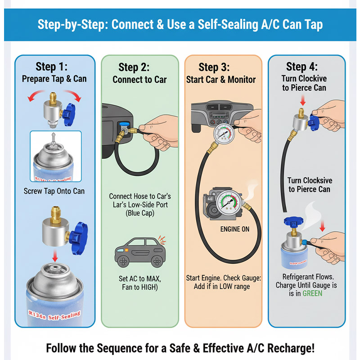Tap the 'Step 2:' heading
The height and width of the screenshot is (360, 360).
[134, 67]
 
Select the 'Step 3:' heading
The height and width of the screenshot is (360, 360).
[214, 67]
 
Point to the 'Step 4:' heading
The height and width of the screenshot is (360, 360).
[301, 67]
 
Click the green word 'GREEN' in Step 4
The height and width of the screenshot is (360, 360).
[312, 293]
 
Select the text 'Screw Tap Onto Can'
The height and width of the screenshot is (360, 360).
[54, 191]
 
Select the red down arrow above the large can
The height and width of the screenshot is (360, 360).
[54, 256]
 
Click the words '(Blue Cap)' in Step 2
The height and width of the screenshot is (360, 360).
[139, 213]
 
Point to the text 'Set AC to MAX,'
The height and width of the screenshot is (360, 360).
[139, 278]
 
